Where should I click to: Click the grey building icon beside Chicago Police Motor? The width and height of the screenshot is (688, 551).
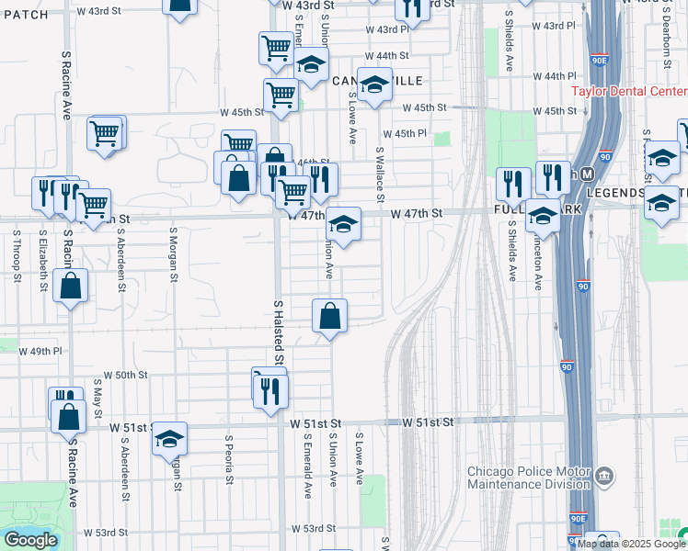[603, 475]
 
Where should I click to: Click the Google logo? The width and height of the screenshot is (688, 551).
[30, 540]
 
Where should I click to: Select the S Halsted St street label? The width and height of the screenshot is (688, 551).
[278, 331]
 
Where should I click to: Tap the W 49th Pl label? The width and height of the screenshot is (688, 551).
[44, 351]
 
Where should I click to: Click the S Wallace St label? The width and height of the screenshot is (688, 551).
[380, 174]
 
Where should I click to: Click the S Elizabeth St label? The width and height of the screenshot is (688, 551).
[43, 260]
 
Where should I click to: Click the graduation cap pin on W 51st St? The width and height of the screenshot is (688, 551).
[169, 441]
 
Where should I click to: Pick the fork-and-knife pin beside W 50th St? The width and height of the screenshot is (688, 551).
[270, 391]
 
